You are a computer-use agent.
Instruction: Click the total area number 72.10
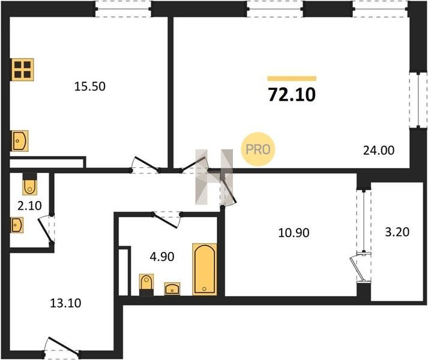[292, 95]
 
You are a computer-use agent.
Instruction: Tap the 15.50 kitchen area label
[90, 86]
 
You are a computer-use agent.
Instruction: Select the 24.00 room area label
[379, 151]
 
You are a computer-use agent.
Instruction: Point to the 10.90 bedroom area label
[294, 233]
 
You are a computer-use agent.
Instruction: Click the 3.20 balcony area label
[397, 232]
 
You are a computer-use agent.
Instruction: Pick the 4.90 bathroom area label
[162, 257]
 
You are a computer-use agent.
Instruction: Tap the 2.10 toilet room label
[29, 206]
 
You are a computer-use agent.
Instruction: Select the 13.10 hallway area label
[65, 303]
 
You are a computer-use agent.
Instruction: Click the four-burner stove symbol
[23, 70]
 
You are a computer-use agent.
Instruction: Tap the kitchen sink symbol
[20, 141]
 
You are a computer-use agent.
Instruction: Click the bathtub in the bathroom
[205, 269]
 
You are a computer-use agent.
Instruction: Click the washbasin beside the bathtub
[172, 289]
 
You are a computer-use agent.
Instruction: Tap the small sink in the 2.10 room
[17, 225]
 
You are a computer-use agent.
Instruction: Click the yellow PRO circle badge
[258, 149]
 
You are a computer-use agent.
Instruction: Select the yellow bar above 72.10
[292, 79]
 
